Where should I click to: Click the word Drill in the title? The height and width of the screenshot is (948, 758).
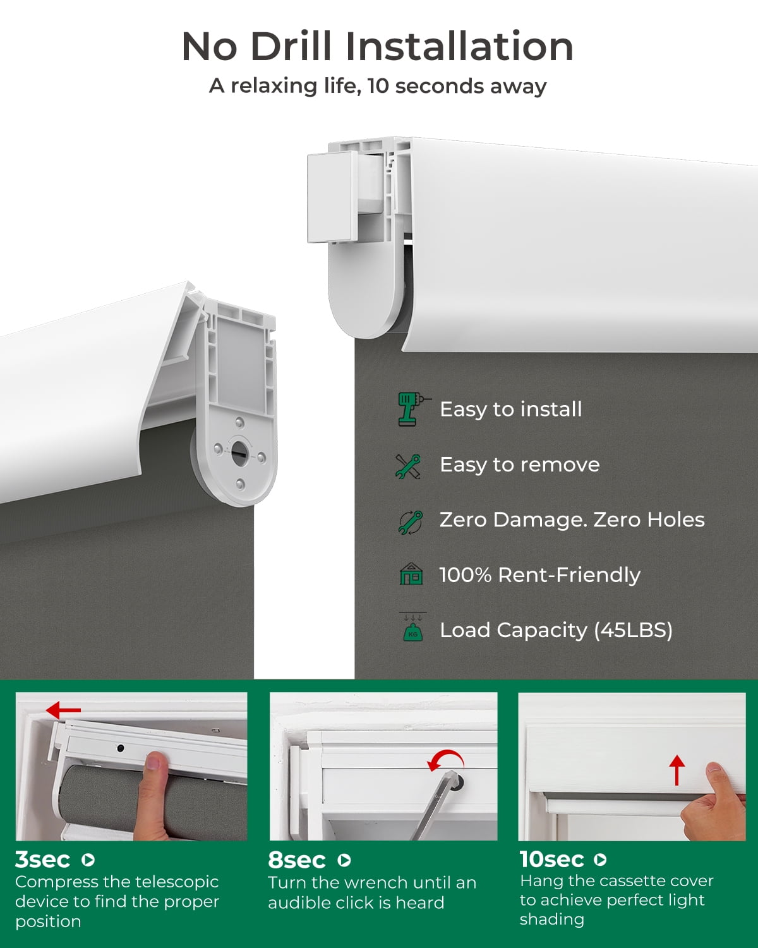click(x=291, y=46)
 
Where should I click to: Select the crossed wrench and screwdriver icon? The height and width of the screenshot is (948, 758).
click(x=408, y=466)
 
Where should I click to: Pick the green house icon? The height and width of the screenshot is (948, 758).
click(x=411, y=574)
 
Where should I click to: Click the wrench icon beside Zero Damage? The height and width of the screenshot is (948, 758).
click(x=411, y=523)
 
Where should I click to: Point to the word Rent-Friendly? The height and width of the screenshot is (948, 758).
click(x=569, y=575)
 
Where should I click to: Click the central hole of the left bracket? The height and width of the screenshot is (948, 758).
click(x=239, y=451)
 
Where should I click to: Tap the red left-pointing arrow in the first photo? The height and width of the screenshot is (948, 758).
click(x=63, y=710)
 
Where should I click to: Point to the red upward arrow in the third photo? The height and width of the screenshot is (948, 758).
click(x=677, y=770)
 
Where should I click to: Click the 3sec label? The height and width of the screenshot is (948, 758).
click(x=42, y=860)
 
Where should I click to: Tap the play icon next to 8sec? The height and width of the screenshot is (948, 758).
click(x=344, y=860)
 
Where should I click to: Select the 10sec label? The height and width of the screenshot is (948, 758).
click(x=551, y=860)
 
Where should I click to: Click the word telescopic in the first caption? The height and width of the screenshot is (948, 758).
click(x=177, y=882)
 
